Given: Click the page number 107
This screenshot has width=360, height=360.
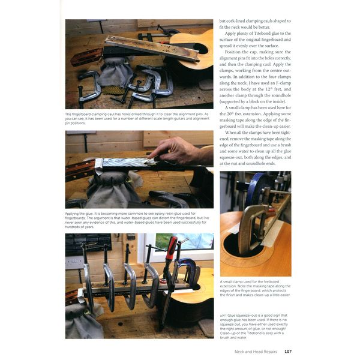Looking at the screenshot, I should pos(288,351).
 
